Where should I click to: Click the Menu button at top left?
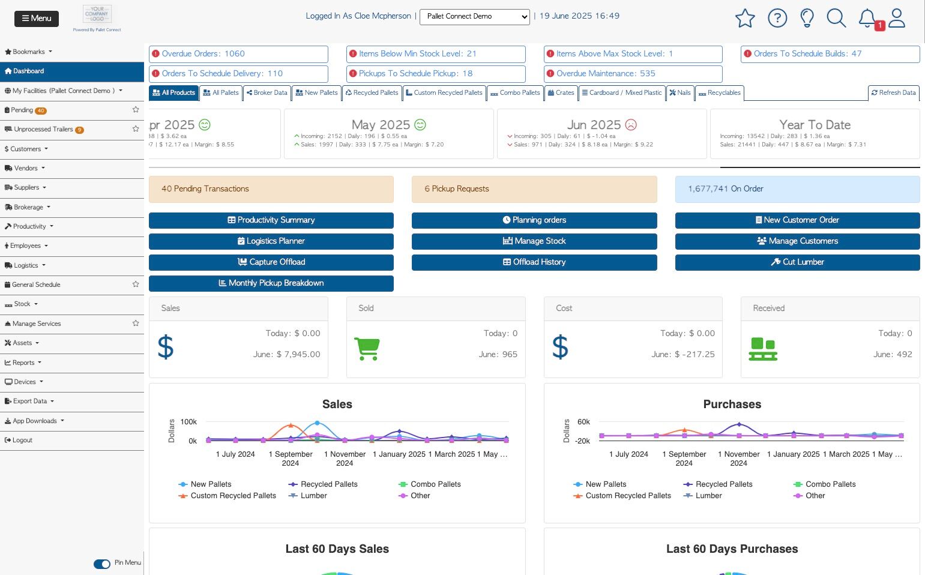[37, 19]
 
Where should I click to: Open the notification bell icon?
[867, 18]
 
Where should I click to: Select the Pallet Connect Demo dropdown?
[474, 17]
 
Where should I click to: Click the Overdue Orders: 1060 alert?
[238, 54]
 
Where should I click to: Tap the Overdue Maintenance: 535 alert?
[633, 74]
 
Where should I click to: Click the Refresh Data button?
[893, 93]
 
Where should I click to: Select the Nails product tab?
[680, 93]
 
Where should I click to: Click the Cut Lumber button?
[797, 262]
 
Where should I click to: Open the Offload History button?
[534, 262]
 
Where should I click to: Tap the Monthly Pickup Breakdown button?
[271, 283]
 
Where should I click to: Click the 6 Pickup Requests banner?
[534, 189]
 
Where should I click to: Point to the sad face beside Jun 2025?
[631, 125]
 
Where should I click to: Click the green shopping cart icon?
[367, 348]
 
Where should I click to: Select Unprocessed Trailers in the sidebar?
[43, 130]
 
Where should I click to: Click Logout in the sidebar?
[22, 441]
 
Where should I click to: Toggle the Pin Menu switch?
[102, 564]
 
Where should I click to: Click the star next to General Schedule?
[136, 284]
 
